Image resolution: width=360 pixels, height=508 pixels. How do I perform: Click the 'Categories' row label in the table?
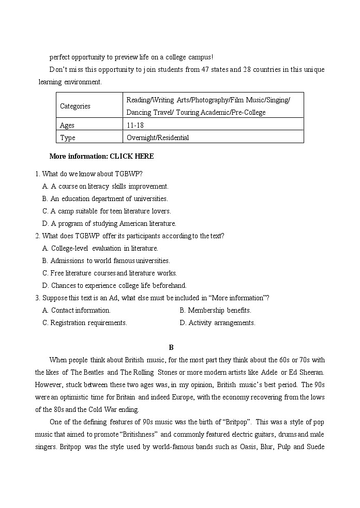[75, 106]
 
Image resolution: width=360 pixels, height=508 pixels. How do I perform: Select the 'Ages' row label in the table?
[67, 125]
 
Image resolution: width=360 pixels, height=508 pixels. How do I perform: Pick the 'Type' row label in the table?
[68, 137]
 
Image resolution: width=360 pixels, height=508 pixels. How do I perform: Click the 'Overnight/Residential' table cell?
[158, 137]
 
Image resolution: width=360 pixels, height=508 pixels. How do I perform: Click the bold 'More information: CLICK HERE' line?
[101, 156]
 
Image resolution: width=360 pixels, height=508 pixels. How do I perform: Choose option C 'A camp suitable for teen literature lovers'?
[107, 211]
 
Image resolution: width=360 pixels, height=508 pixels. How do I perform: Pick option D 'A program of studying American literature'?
[109, 223]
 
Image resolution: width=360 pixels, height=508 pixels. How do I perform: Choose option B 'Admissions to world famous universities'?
[106, 260]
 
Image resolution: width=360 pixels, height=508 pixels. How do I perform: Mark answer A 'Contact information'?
[77, 310]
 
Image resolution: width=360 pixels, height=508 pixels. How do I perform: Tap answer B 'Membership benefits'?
[215, 310]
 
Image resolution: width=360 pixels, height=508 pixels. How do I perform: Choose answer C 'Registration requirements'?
[85, 322]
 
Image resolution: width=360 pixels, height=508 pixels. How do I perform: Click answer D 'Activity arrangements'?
[217, 322]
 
